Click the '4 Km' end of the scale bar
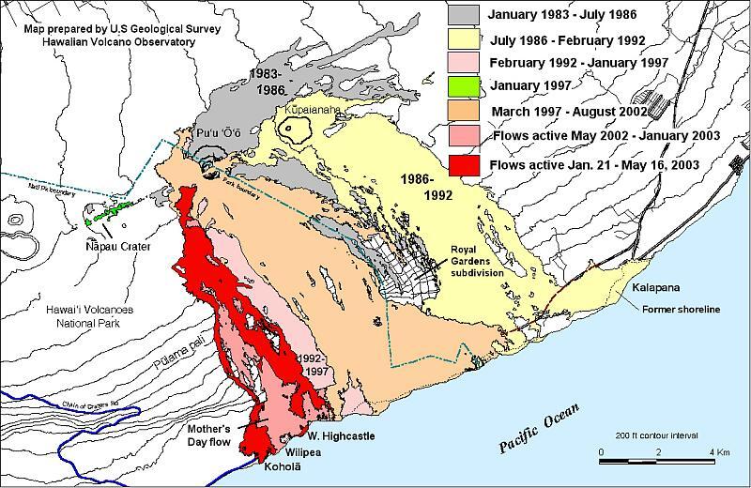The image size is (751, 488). [721, 451]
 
